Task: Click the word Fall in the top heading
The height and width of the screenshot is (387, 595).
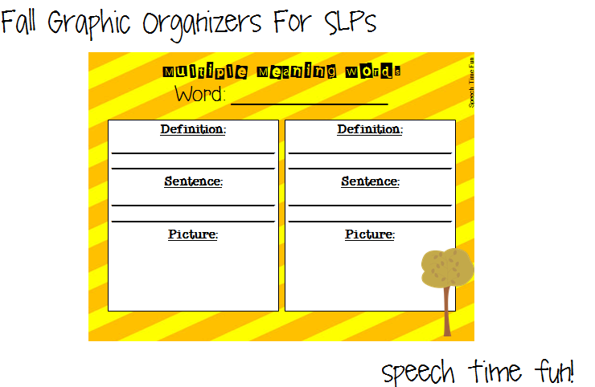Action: point(21,22)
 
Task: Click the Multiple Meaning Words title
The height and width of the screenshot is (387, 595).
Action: point(281,72)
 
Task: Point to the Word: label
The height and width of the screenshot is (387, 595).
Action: point(201,95)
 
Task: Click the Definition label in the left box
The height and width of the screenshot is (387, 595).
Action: point(193,129)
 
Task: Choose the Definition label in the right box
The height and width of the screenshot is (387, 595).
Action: point(370,129)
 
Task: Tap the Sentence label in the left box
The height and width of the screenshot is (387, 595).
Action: point(193,181)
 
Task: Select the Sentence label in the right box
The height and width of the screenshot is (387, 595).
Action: point(370,181)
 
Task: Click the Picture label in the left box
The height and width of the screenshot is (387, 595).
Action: point(193,234)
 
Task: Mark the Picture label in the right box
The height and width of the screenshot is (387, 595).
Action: point(370,234)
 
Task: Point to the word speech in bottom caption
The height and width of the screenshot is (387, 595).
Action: point(418,372)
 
